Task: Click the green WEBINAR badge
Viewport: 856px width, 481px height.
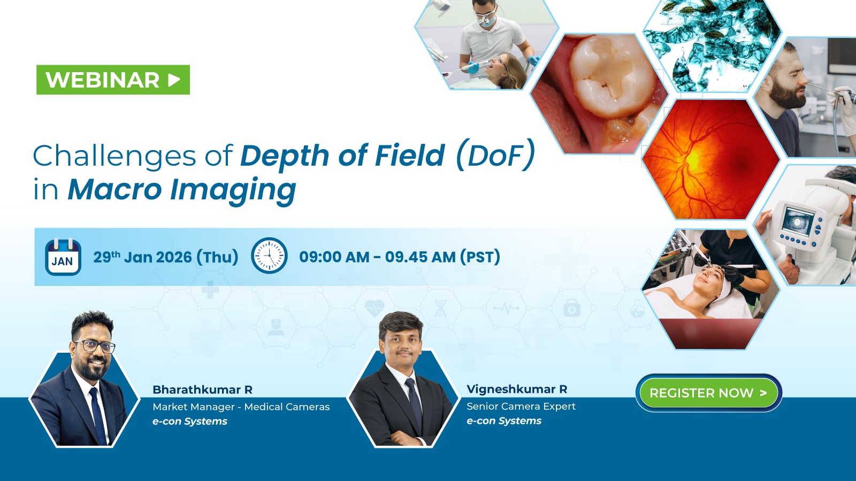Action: [113, 80]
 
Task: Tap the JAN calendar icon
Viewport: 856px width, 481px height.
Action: [63, 257]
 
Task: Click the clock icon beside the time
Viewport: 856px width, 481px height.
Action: [269, 255]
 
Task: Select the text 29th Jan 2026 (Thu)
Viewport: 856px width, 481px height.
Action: [165, 257]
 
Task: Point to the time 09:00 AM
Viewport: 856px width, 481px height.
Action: [334, 257]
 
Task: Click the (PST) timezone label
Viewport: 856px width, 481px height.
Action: [480, 257]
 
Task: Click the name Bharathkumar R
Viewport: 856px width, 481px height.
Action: [202, 390]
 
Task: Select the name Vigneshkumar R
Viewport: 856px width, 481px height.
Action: [517, 389]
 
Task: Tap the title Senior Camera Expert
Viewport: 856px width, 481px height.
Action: [521, 406]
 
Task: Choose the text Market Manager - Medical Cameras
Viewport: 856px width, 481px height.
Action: [241, 407]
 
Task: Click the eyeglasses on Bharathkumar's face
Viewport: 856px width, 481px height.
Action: [95, 346]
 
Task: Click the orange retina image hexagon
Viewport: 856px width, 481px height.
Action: [710, 159]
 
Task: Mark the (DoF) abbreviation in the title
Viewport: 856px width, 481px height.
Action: [495, 155]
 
